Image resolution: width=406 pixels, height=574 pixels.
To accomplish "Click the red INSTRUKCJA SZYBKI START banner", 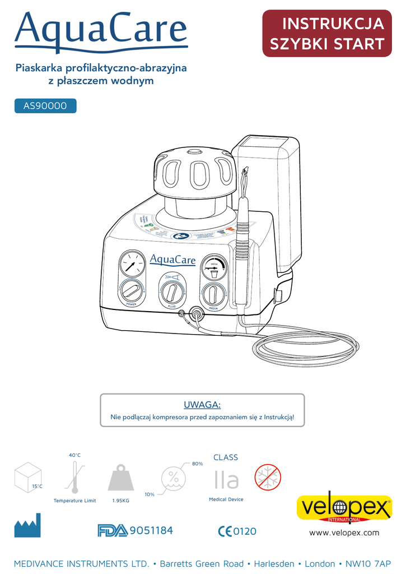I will pos(327,33).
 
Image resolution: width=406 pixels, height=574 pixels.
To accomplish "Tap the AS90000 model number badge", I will pos(45,106).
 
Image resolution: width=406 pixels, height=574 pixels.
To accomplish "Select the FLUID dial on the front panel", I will pos(172,291).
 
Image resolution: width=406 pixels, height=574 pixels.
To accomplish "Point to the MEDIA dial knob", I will pos(213,293).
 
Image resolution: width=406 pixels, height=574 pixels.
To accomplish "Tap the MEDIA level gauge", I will pos(214,267).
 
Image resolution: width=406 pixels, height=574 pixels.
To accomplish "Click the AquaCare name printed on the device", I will pos(172,260).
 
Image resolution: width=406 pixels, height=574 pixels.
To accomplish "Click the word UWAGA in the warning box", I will pos(202,405).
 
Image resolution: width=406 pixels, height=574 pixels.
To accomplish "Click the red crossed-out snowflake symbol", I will pos(268,478).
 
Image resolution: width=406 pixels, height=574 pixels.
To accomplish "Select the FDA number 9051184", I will pos(151,530).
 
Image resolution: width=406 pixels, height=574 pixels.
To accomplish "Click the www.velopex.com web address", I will pos(344,533).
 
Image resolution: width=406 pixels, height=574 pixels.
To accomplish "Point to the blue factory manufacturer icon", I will pos(27,527).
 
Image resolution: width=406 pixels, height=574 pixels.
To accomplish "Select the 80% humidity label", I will pos(197,464).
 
